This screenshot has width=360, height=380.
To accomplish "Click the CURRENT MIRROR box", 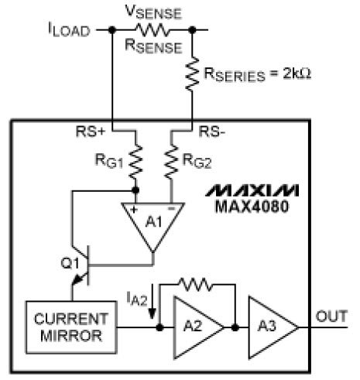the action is click(71, 327).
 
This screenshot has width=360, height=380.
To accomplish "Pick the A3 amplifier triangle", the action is click(273, 327).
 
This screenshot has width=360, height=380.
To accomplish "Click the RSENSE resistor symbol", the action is click(153, 30).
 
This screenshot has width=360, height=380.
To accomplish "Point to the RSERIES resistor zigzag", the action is click(192, 74).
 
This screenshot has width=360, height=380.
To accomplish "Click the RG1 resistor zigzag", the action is click(135, 162).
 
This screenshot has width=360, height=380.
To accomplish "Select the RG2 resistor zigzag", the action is click(171, 162).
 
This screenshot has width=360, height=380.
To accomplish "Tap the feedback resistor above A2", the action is click(195, 284).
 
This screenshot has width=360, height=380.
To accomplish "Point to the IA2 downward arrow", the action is click(153, 301).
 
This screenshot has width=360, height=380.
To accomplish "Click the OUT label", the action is click(331, 317).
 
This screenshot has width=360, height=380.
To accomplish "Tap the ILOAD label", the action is click(69, 29).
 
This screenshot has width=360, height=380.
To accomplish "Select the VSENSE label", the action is click(153, 12).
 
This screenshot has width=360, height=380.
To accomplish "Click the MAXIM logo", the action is click(252, 190).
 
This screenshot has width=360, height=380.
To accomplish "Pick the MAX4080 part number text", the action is click(252, 207).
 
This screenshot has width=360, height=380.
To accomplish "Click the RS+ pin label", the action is click(91, 132).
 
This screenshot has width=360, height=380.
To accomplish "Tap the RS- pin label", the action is click(212, 132).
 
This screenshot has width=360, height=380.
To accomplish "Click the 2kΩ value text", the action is click(297, 74).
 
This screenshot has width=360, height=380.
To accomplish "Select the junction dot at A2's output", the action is click(235, 327).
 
